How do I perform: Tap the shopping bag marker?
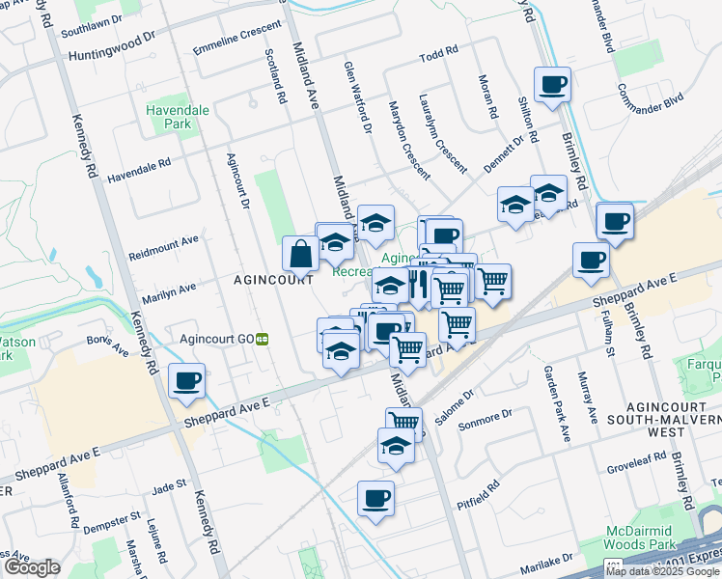click(301, 255)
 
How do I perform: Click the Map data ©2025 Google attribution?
click(663, 571)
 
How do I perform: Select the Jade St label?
click(168, 485)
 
